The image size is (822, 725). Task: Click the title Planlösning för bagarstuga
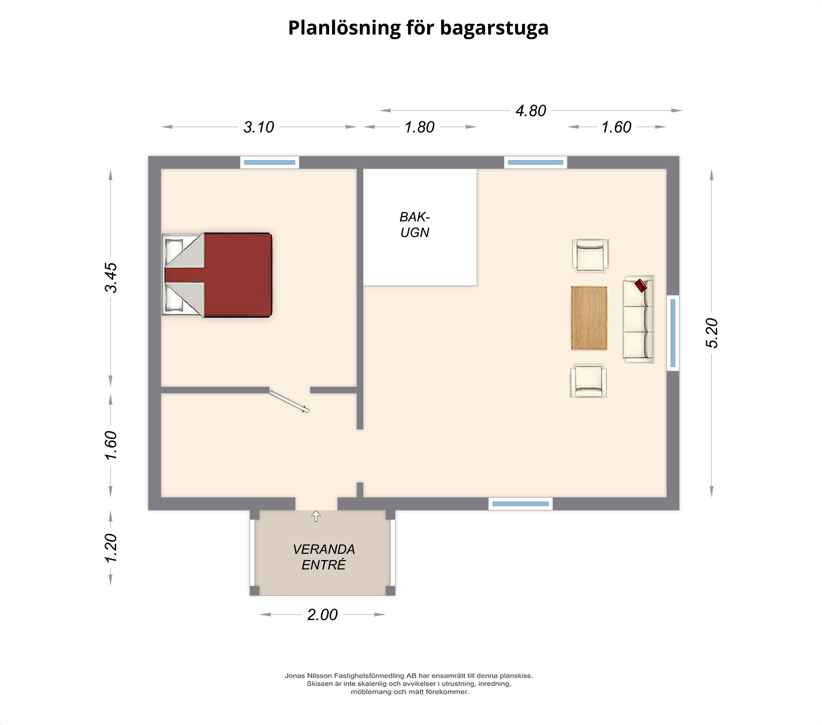(x=418, y=28)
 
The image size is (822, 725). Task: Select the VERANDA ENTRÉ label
(x=324, y=557)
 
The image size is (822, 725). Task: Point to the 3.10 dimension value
(x=259, y=127)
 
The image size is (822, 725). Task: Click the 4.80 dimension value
(x=531, y=111)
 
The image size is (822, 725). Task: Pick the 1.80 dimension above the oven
(x=420, y=127)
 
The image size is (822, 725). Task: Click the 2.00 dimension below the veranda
(x=323, y=615)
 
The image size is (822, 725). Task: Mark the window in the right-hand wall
(x=673, y=333)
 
